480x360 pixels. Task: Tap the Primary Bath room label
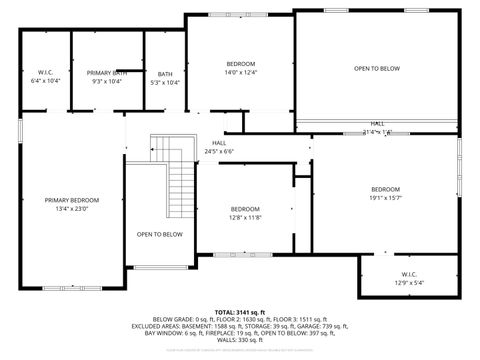pyautogui.click(x=106, y=73)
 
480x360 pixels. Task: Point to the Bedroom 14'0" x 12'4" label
pyautogui.click(x=241, y=68)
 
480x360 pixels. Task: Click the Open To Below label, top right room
pyautogui.click(x=376, y=68)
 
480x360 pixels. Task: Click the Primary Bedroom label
pyautogui.click(x=72, y=200)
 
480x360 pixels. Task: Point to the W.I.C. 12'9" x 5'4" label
pyautogui.click(x=410, y=278)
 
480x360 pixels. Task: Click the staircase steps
pyautogui.click(x=181, y=179)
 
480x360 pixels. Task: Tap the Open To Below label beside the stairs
pyautogui.click(x=160, y=234)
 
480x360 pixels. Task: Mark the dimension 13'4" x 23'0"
pyautogui.click(x=72, y=208)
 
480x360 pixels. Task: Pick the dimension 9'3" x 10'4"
pyautogui.click(x=106, y=81)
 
